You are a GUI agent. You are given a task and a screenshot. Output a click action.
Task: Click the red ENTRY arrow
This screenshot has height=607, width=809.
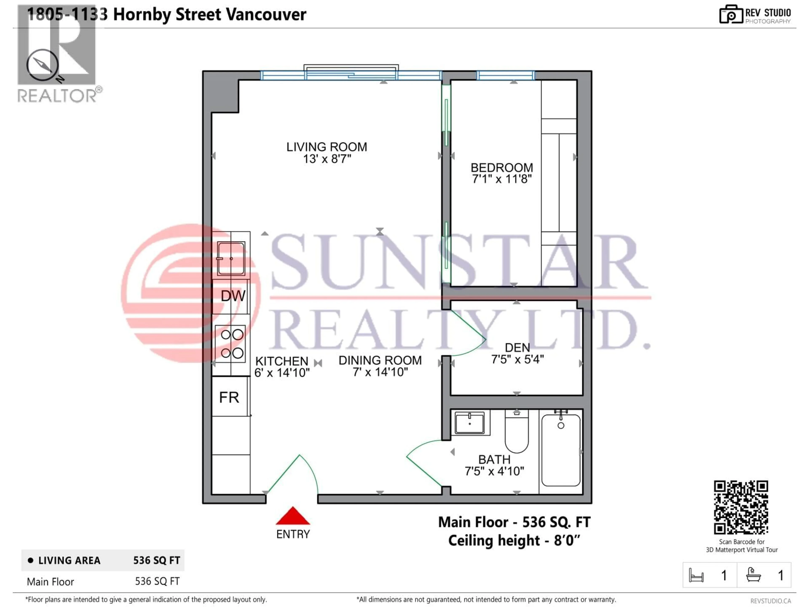293,516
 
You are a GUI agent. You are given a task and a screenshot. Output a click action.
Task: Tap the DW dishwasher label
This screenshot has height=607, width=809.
233,296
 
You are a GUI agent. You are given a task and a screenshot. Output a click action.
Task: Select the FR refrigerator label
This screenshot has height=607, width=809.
229,397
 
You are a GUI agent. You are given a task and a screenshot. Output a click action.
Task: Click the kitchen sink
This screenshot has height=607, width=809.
231,258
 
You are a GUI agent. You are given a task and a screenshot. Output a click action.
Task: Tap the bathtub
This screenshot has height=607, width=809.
561,450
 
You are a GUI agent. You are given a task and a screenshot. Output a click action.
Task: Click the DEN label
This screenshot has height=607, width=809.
517,348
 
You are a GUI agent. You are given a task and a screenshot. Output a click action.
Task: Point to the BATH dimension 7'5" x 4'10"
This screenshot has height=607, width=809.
494,471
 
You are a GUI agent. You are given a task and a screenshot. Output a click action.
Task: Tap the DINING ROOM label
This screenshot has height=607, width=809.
380,360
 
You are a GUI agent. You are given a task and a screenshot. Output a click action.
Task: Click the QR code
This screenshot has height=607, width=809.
741,508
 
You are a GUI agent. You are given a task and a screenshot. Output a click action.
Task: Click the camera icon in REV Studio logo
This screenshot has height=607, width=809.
731,15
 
